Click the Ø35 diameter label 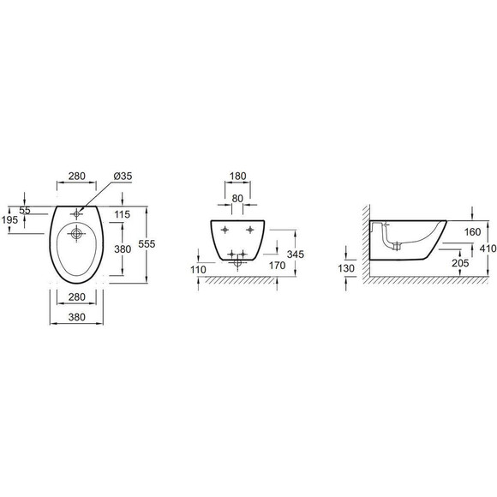point(123,176)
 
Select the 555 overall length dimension point(147,243)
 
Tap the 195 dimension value point(9,219)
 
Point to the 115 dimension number point(123,214)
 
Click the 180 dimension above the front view point(237,176)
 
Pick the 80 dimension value point(237,199)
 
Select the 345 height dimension point(295,254)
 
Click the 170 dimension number point(277,266)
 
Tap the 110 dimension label point(198,270)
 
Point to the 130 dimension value point(346,268)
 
